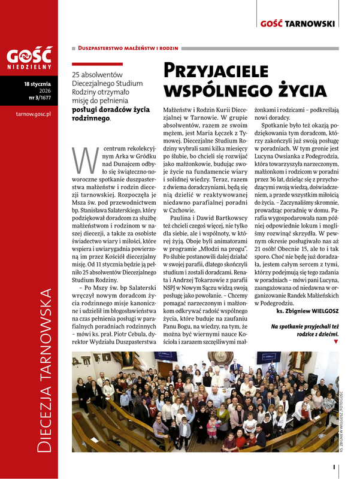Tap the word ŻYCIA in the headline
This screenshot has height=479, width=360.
tap(301, 90)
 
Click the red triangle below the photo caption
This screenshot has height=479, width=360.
tap(335, 341)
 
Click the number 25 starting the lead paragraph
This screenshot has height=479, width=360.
tap(76, 73)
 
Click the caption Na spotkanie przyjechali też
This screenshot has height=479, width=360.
tap(304, 326)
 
